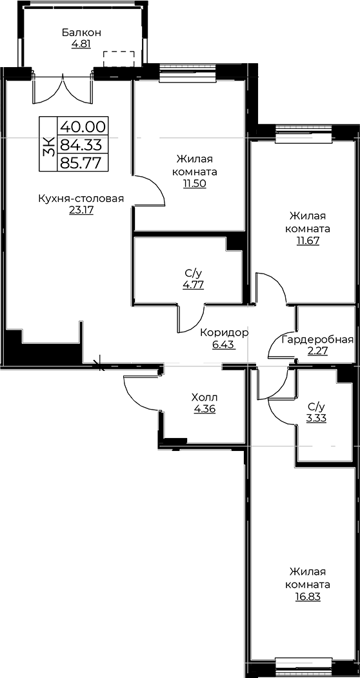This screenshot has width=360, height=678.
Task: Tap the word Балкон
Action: pyautogui.click(x=82, y=32)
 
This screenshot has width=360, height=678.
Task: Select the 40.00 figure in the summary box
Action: pyautogui.click(x=83, y=126)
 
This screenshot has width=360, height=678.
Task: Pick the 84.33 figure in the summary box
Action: pyautogui.click(x=83, y=144)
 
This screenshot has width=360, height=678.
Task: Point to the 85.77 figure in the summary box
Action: pyautogui.click(x=82, y=163)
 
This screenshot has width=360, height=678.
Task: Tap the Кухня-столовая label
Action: pyautogui.click(x=81, y=199)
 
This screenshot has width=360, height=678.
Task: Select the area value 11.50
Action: pyautogui.click(x=194, y=183)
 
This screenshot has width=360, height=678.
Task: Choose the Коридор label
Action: pyautogui.click(x=224, y=333)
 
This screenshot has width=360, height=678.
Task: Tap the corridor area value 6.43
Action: pyautogui.click(x=224, y=345)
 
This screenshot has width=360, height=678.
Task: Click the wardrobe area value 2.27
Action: pyautogui.click(x=317, y=351)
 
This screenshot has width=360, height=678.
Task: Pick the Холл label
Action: pyautogui.click(x=205, y=397)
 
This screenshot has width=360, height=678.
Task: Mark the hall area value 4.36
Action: pyautogui.click(x=205, y=408)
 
